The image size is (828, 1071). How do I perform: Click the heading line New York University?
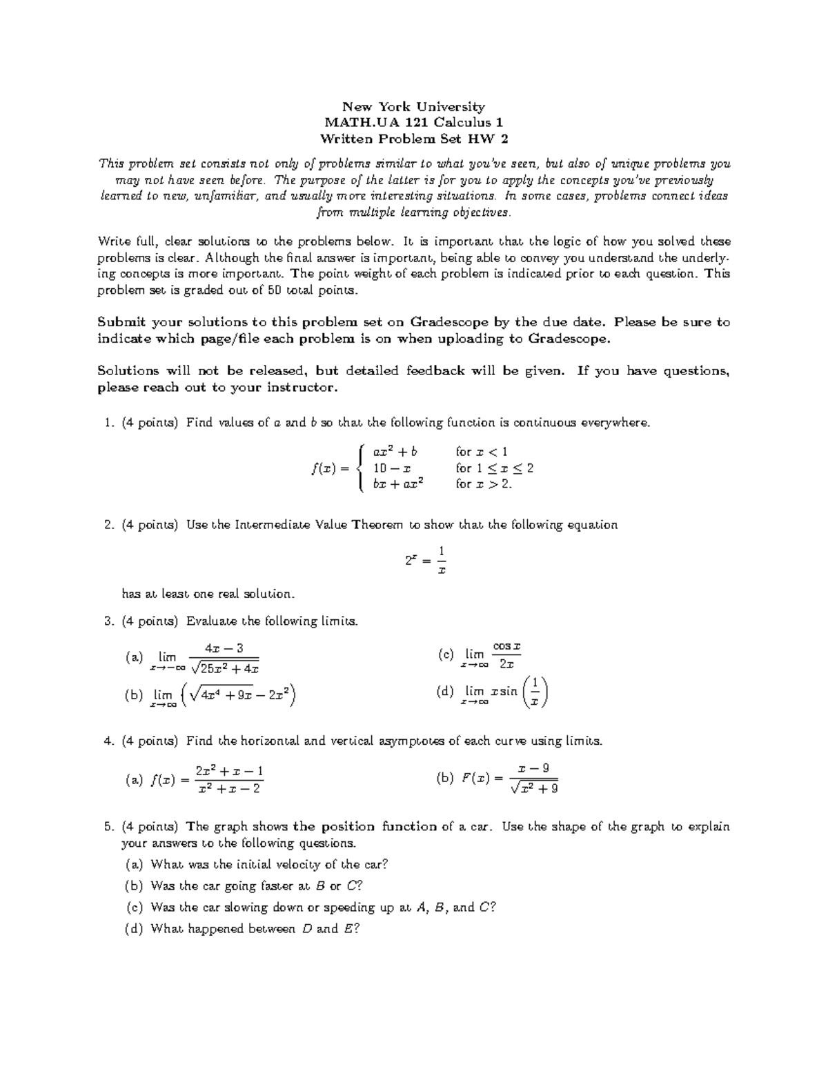414,107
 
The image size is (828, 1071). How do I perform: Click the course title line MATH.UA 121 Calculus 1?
414,123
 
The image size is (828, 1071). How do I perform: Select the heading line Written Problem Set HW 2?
414,139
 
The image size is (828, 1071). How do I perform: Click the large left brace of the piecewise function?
361,468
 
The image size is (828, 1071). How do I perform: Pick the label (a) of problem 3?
134,658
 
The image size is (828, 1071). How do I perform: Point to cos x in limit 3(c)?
506,647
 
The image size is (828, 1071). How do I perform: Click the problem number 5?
108,826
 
